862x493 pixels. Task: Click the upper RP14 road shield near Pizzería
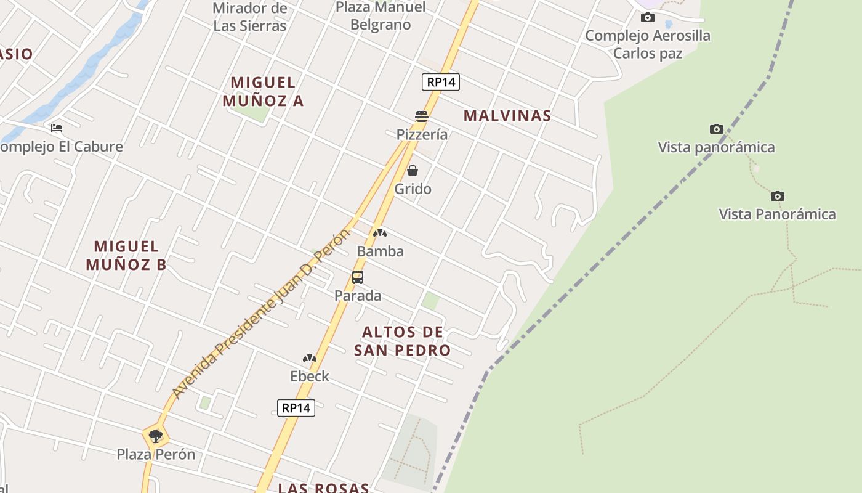coord(441,82)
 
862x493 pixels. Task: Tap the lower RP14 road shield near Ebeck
coord(296,407)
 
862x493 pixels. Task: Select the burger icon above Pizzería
coord(422,116)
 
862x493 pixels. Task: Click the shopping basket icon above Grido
coord(413,171)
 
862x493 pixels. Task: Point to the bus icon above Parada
coord(358,277)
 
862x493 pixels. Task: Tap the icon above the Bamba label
coord(380,233)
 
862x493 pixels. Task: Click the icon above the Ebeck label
coord(309,358)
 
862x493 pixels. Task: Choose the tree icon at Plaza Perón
coord(156,436)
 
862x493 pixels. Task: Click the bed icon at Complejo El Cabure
coord(57,128)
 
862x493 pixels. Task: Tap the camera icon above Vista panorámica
coord(716,129)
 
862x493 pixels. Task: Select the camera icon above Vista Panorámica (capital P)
coord(778,196)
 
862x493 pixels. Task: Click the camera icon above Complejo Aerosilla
coord(648,17)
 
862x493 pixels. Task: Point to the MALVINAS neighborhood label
coord(507,116)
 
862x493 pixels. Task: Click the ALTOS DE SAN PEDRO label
coord(403,341)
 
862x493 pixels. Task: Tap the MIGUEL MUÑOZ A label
coord(264,91)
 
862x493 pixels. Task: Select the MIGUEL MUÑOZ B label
coord(126,255)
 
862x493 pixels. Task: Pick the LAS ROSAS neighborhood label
coord(323,487)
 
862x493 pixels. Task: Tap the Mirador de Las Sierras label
coord(250,17)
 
